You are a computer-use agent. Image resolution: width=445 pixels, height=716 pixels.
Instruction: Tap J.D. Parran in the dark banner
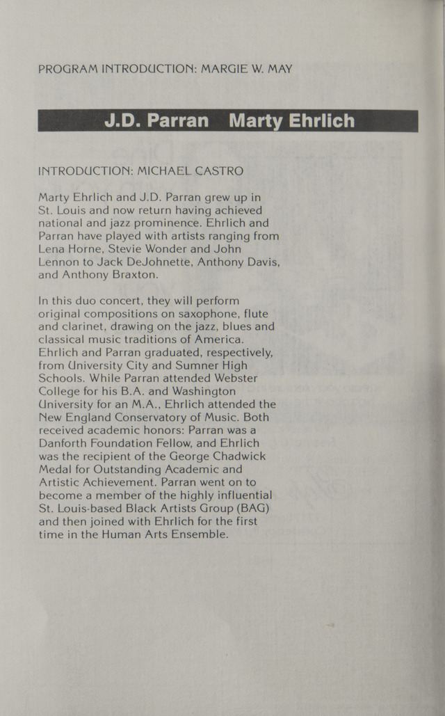(x=156, y=121)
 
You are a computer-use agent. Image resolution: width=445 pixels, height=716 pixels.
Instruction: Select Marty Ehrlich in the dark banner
(x=291, y=121)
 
